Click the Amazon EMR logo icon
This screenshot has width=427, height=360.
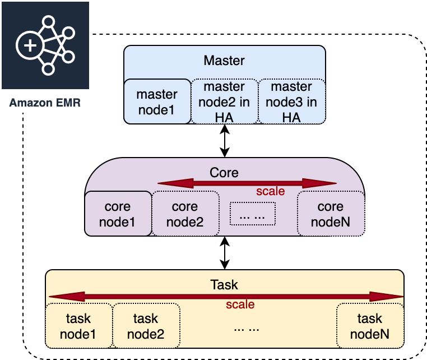pos(45,45)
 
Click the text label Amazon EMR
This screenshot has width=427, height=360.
pos(45,103)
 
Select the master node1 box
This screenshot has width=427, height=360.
pos(157,101)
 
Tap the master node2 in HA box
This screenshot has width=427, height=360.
pos(224,101)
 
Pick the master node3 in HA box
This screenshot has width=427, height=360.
pos(291,101)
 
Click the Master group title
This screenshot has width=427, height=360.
pos(224,60)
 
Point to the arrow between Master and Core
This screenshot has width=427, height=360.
pos(225,140)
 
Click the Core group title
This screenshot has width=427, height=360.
pos(224,172)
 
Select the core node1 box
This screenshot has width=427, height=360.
pos(118,214)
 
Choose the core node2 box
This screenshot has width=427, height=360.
pos(185,214)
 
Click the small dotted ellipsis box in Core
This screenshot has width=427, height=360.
pos(253,213)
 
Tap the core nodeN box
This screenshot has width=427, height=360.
pos(330,214)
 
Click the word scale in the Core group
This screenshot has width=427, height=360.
pos(271,191)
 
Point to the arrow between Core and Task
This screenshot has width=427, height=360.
pos(225,252)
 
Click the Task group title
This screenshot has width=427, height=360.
pos(224,285)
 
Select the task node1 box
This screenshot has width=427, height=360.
pos(79,326)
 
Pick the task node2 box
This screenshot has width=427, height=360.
pos(146,326)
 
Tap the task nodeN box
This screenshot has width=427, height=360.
pos(369,326)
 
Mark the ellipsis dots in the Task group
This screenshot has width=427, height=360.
pos(247,328)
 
